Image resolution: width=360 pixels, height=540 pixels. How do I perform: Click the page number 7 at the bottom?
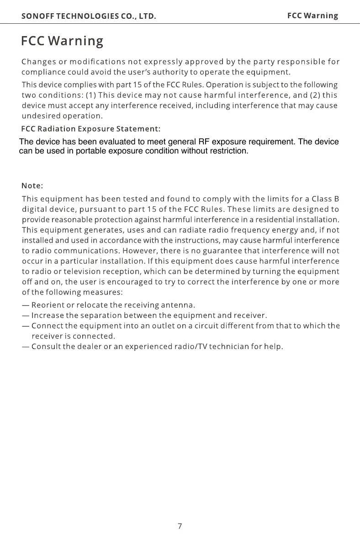(180, 526)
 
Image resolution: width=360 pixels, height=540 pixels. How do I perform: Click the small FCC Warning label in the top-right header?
(312, 16)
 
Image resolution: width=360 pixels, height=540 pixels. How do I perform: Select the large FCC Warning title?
(62, 41)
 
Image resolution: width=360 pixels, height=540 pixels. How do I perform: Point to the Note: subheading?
(32, 186)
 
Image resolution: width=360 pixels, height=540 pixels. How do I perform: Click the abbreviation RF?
(204, 142)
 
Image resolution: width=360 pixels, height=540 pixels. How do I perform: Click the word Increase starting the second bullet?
(48, 315)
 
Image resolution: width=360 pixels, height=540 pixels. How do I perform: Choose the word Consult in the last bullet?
(46, 346)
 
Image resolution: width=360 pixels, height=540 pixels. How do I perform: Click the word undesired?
(42, 116)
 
